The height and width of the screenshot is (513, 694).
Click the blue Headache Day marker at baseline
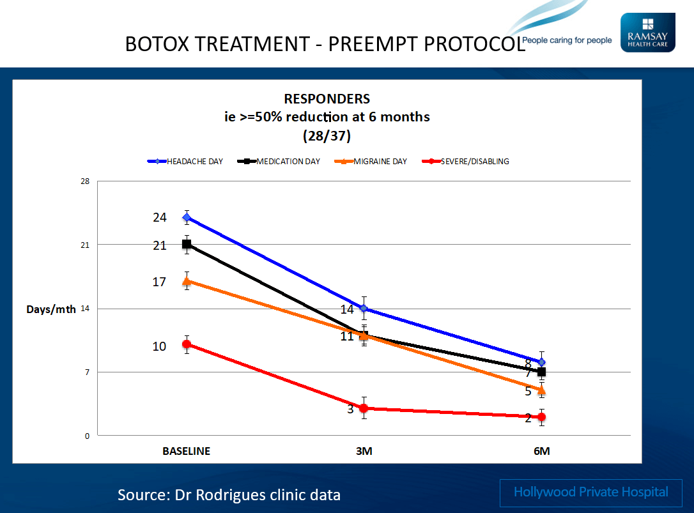[x=187, y=217]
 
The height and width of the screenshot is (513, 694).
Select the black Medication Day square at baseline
[x=187, y=244]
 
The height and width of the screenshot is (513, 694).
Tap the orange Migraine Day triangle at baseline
[x=187, y=281]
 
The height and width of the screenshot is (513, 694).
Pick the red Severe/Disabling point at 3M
[x=364, y=408]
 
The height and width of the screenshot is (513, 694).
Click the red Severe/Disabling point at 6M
[x=541, y=417]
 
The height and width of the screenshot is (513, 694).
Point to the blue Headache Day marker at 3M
[x=364, y=308]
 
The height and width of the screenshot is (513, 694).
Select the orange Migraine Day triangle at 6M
[x=541, y=390]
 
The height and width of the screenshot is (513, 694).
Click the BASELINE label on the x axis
[x=186, y=451]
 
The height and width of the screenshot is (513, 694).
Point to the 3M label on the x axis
[x=364, y=451]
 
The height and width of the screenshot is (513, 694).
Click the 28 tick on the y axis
[x=84, y=181]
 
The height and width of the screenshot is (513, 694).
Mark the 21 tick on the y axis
[x=84, y=245]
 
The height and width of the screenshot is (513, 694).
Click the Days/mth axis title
[x=51, y=309]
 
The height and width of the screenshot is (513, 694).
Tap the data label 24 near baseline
[x=159, y=218]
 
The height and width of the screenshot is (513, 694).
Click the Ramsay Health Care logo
[x=647, y=33]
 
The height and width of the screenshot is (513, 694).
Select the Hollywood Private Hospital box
[x=591, y=492]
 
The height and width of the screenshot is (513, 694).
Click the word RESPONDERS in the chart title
[x=327, y=99]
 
